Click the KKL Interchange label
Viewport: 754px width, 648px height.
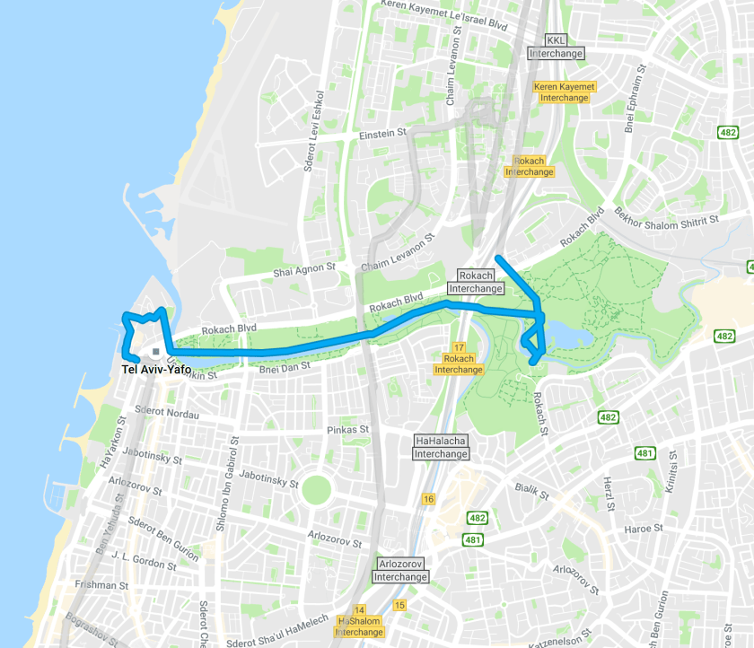[556, 47]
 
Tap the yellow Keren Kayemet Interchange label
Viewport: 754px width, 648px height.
[565, 92]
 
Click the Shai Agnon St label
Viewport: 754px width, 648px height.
[304, 268]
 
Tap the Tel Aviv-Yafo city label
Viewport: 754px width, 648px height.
[157, 368]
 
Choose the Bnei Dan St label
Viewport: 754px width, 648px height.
[285, 366]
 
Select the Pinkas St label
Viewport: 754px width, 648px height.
[348, 430]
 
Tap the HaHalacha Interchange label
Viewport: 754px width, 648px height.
[441, 447]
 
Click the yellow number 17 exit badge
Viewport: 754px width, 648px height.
[459, 347]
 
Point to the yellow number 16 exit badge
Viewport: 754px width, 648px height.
[428, 499]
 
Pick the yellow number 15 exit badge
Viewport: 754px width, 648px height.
[399, 606]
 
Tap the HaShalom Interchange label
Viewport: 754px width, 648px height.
[359, 626]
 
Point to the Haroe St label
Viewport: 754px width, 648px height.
[643, 529]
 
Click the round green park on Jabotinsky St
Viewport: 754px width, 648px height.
[316, 489]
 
